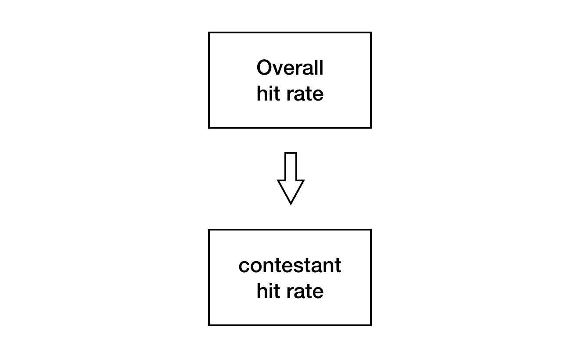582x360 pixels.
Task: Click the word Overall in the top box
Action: click(290, 67)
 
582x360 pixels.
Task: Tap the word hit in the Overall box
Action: click(268, 93)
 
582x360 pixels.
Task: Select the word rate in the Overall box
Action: click(305, 94)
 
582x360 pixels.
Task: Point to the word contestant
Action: click(290, 265)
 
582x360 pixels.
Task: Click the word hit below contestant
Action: click(268, 291)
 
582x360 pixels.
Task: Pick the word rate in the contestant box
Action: click(305, 291)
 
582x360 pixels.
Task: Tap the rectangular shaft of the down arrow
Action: click(291, 166)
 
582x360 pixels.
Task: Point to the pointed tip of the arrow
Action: click(291, 205)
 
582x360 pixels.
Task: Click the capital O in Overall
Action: click(264, 67)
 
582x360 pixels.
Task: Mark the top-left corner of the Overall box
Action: click(209, 32)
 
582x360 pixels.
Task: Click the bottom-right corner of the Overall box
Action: click(371, 128)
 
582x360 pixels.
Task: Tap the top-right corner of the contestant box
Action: click(371, 230)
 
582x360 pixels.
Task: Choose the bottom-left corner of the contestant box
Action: click(209, 325)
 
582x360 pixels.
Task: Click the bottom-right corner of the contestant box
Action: click(371, 325)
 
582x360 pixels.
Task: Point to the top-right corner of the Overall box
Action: click(371, 32)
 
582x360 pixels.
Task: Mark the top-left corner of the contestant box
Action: click(209, 230)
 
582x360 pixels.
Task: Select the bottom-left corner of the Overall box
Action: click(209, 128)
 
